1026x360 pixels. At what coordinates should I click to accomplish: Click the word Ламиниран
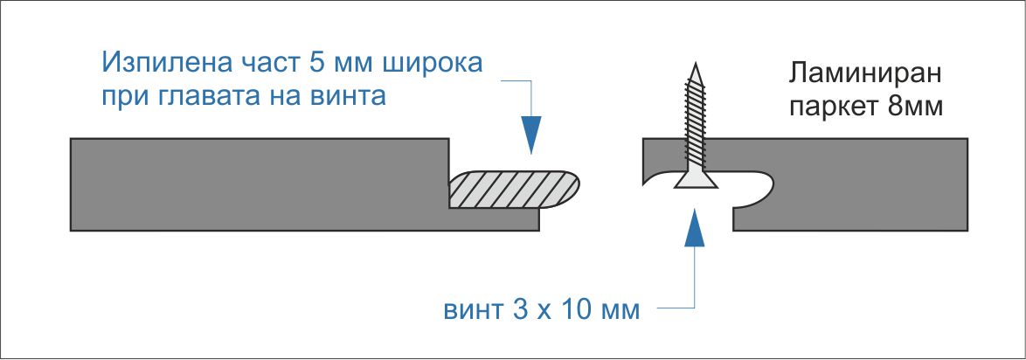tap(865, 74)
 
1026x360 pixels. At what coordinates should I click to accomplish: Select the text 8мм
tap(916, 106)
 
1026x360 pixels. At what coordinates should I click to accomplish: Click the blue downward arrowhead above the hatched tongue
tap(531, 135)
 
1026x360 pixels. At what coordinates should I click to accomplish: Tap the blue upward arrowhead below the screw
tap(695, 228)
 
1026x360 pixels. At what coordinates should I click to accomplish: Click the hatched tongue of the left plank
tap(514, 190)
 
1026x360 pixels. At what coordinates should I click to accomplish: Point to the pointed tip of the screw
tap(696, 64)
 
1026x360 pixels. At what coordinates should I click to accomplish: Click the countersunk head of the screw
tap(696, 182)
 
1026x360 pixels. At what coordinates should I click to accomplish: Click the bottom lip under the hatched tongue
tap(495, 220)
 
